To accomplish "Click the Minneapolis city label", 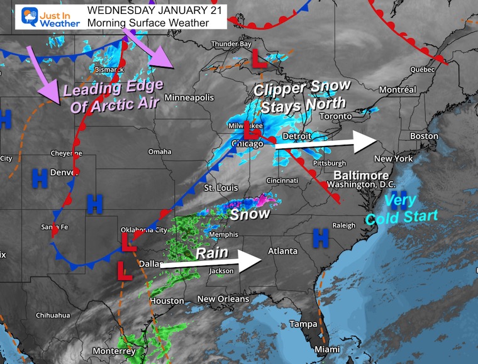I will tap(189, 97).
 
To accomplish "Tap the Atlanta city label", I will tap(282, 251).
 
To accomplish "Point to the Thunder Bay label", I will tap(231, 44).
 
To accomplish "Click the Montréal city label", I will tap(397, 90).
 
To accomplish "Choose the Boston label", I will tap(423, 136).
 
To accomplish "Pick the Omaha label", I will tap(160, 152).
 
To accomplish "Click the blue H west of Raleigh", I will tap(321, 238).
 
